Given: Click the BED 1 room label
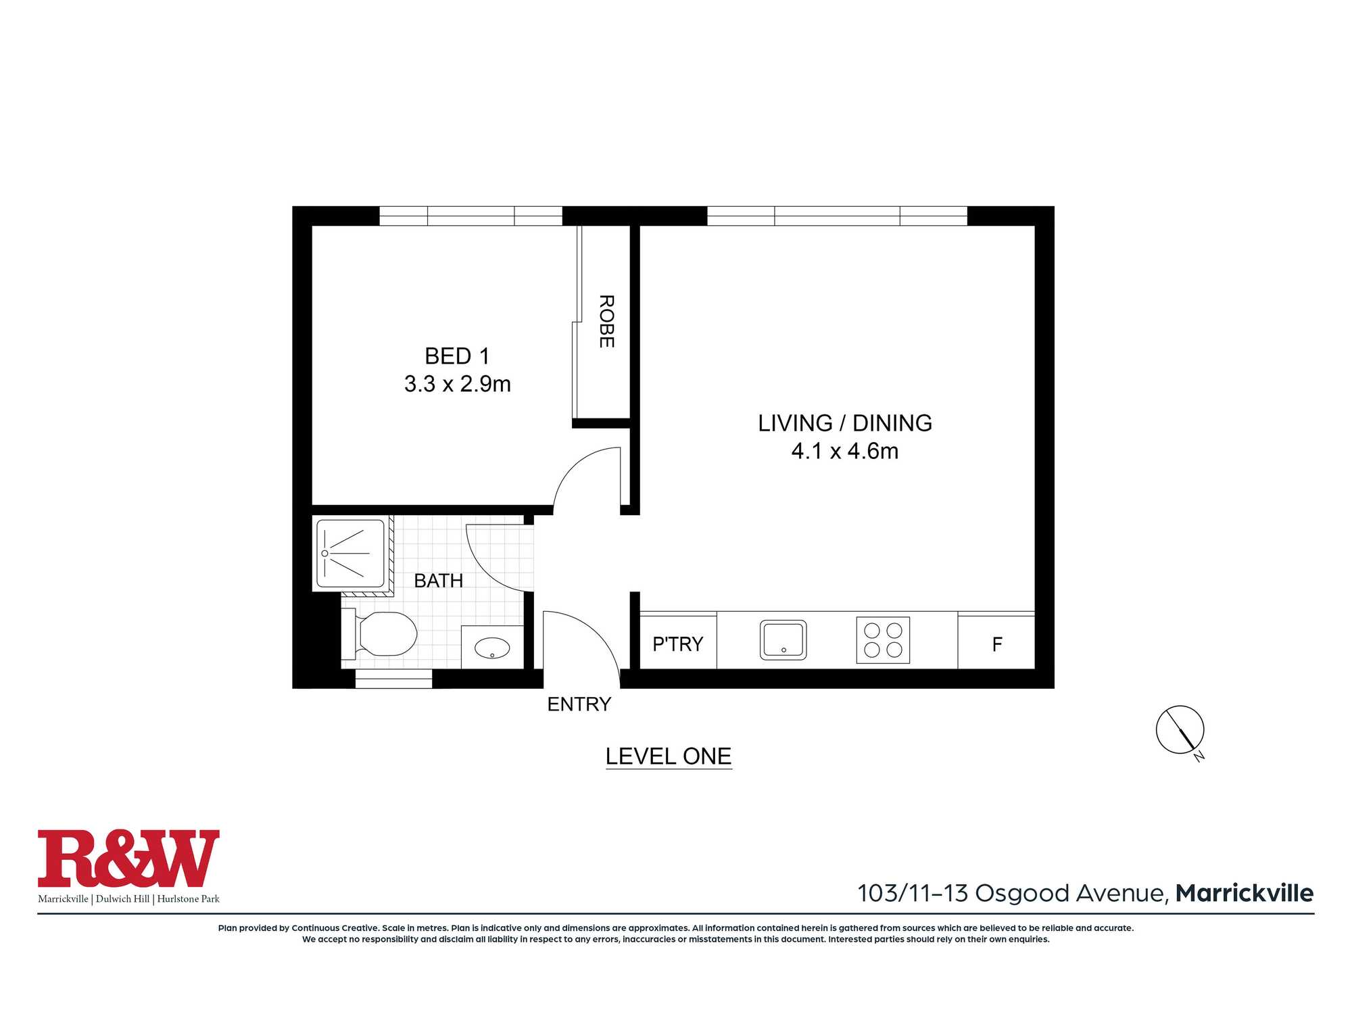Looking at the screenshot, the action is point(457,356).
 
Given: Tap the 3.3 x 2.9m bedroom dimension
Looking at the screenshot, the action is point(458,384).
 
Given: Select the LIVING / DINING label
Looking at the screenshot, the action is point(845,423).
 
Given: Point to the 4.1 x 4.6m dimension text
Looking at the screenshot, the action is point(845,451).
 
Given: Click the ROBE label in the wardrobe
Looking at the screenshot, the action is point(606,321).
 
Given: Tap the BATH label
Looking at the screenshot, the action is point(439,581).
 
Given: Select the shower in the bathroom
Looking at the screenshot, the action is point(351,554).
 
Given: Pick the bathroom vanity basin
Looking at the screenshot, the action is point(492,648).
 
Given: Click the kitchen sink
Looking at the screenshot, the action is point(783,639).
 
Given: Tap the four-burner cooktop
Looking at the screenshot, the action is point(883,640).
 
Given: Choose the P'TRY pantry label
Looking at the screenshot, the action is point(677,644).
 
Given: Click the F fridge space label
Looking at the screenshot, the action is point(997,645).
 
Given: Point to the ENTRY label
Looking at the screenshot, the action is point(579,704).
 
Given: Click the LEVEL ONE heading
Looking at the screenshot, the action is point(669,756).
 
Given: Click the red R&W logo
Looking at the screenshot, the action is point(128,859).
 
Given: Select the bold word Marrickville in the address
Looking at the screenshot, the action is point(1245,894).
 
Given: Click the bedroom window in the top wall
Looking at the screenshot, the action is point(470,216).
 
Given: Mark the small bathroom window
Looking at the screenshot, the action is point(393,679).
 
